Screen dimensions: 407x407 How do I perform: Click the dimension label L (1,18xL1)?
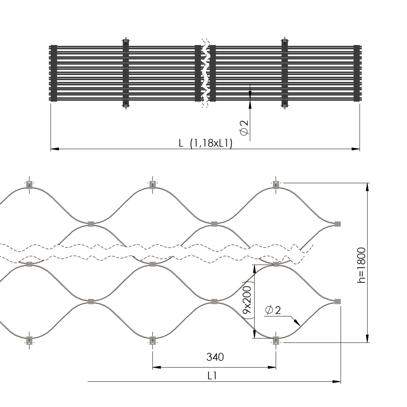(205, 143)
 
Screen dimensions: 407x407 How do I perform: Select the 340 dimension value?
(215, 357)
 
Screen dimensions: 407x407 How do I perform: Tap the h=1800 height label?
(361, 265)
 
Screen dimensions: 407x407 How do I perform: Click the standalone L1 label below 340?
(212, 376)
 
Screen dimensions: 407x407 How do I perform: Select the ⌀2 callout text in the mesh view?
(273, 310)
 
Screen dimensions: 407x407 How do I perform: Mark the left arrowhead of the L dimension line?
(55, 149)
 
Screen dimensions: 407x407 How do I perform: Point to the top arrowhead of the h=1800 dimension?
(367, 187)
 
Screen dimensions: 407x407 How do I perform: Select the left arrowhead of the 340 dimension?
(157, 367)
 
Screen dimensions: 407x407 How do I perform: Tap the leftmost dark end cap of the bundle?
(53, 73)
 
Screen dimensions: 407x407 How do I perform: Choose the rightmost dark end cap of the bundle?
(357, 73)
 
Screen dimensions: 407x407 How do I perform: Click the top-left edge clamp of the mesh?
(29, 185)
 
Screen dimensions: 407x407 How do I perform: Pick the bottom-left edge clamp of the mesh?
(29, 340)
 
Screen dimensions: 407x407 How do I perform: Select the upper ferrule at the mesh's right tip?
(337, 224)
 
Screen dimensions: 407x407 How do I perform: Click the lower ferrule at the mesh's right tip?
(337, 302)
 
